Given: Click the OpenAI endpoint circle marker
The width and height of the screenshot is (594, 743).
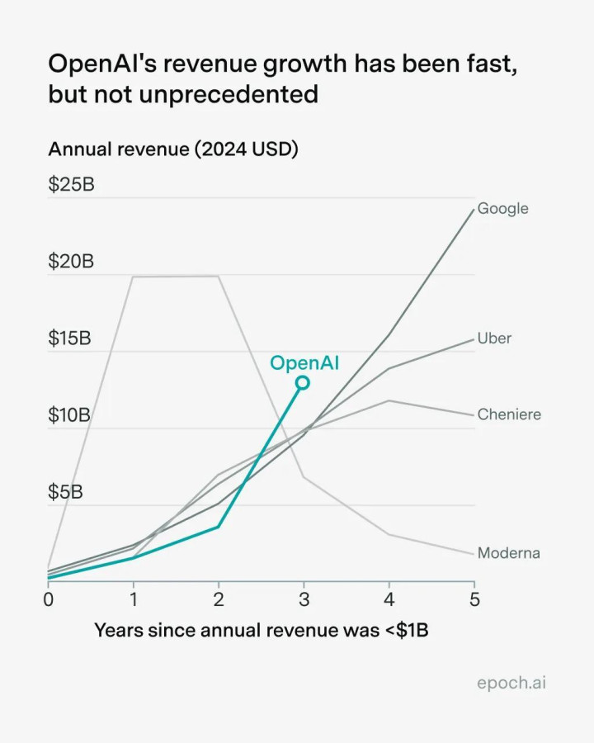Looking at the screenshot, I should click(x=303, y=382).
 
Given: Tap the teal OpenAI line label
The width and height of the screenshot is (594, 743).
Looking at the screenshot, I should click(x=304, y=362).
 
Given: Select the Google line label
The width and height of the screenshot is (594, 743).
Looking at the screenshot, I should click(x=502, y=208).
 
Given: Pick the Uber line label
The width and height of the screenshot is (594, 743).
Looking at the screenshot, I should click(x=494, y=338).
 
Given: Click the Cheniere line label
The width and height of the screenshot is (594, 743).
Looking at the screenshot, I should click(x=509, y=414).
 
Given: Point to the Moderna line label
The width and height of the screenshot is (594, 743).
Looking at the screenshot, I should click(x=508, y=552).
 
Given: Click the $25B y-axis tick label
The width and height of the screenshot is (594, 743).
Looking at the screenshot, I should click(x=71, y=184).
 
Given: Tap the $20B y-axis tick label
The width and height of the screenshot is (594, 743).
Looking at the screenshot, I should click(x=71, y=261).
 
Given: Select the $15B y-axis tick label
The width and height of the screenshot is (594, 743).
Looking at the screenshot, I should click(x=69, y=338).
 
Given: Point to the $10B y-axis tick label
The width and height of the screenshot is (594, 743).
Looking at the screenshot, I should click(x=69, y=414).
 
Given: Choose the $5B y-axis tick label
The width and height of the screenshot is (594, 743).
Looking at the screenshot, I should click(x=66, y=491).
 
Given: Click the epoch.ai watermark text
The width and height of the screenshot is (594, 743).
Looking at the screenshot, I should click(x=511, y=683).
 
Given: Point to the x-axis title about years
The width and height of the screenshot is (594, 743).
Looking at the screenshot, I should click(x=262, y=630).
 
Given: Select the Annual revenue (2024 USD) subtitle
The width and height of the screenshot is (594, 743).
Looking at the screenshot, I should click(x=173, y=149).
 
